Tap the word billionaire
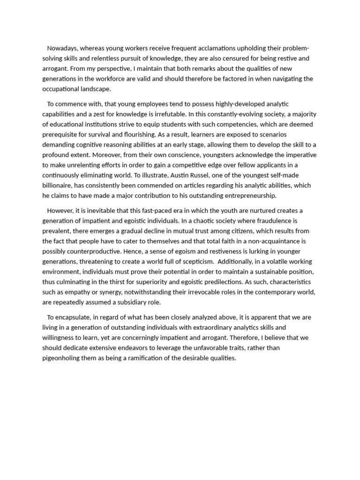[59, 185]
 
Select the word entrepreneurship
[250, 195]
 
